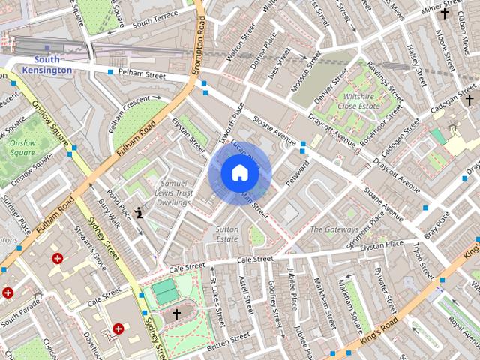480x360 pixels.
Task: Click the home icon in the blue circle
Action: pyautogui.click(x=239, y=173)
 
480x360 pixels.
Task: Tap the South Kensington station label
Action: pyautogui.click(x=46, y=64)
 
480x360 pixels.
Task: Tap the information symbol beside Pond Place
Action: pyautogui.click(x=139, y=212)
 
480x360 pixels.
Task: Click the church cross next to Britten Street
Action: pyautogui.click(x=177, y=313)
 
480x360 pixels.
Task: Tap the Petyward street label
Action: pyautogui.click(x=298, y=172)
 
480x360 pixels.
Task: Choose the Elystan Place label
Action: pyautogui.click(x=382, y=244)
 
